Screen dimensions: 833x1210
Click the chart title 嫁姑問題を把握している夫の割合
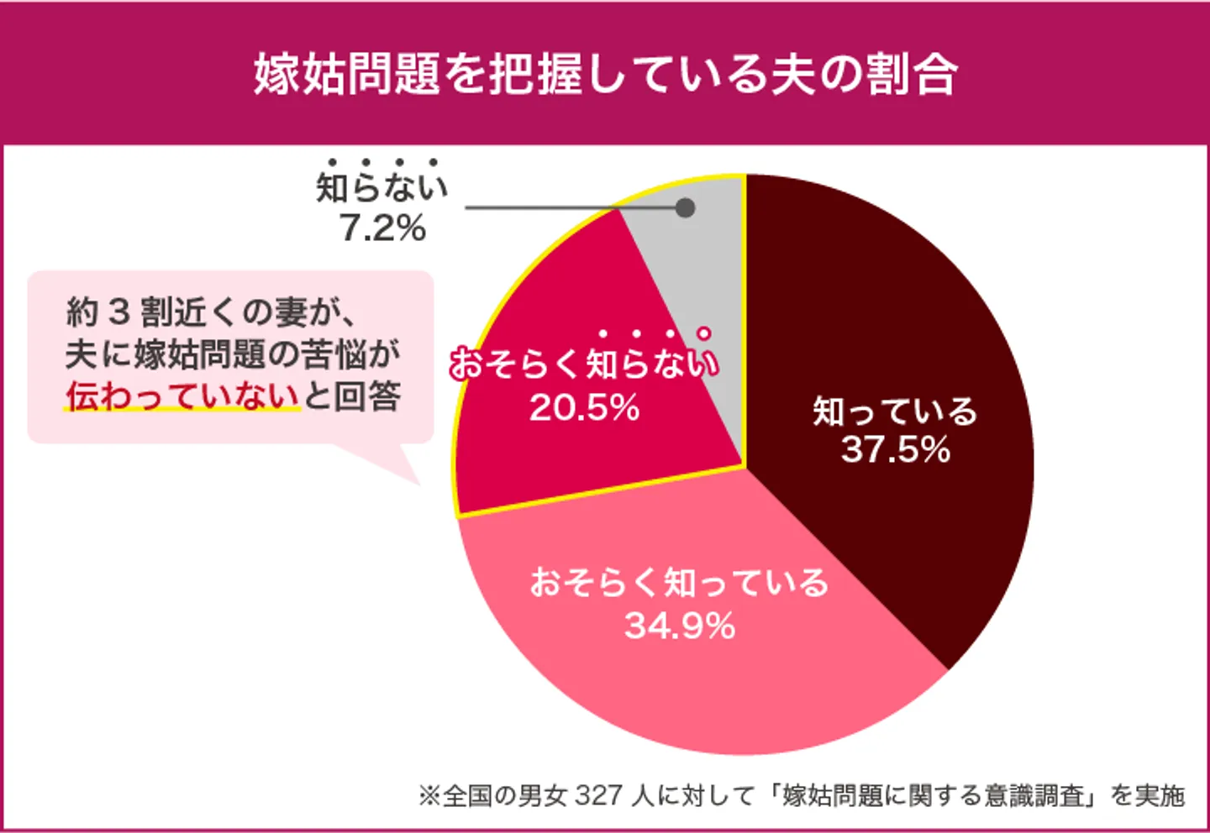click(x=605, y=74)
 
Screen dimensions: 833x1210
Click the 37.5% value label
click(x=896, y=450)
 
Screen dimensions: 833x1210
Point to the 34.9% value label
click(x=680, y=626)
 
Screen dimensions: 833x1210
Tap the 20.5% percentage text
click(x=585, y=408)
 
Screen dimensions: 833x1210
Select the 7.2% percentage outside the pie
click(x=383, y=228)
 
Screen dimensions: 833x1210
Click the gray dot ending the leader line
click(x=686, y=207)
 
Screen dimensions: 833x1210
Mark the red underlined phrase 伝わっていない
click(x=182, y=396)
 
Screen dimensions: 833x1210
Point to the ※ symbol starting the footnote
click(x=429, y=795)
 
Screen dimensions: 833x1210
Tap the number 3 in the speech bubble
click(x=119, y=312)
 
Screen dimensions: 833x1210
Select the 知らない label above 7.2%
click(x=382, y=187)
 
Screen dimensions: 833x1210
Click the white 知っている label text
click(x=896, y=411)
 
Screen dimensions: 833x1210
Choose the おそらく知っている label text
click(x=679, y=583)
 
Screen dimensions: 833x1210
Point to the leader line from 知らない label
click(x=571, y=207)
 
